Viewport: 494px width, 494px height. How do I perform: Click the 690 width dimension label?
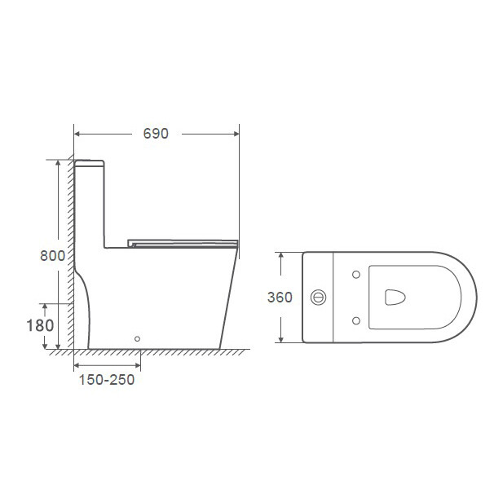coord(156,134)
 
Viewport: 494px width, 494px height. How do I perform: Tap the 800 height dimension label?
coord(53,255)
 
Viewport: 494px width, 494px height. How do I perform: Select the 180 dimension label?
coord(40,325)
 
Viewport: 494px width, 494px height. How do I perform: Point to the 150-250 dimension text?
coord(107,380)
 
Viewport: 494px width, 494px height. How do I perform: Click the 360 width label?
coord(280,297)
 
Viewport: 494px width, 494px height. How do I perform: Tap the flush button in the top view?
coord(318,298)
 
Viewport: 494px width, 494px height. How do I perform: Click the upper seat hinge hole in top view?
coord(356,275)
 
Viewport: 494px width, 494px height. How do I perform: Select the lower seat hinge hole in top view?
coord(356,320)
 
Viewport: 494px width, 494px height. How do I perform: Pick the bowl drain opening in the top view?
coord(395,298)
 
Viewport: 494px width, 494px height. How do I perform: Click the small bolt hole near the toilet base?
coord(137,338)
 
